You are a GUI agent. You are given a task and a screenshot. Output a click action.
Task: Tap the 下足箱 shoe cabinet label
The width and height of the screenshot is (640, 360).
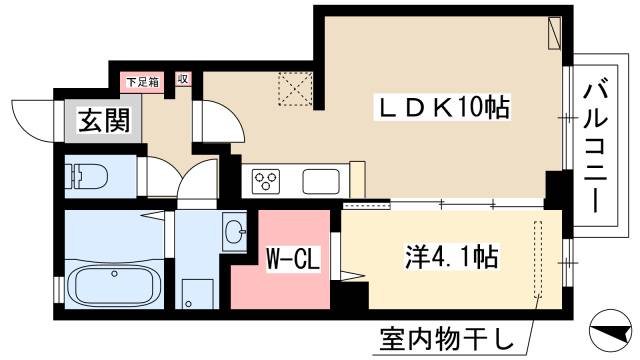139,80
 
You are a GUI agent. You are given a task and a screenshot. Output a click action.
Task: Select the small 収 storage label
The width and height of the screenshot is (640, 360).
184,80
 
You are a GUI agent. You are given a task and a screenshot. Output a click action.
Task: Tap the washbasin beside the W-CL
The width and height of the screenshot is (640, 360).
235,233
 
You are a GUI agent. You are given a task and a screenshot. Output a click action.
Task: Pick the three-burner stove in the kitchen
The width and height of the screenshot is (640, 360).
267,181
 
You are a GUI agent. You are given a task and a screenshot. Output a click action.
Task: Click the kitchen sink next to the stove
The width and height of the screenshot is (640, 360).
322,182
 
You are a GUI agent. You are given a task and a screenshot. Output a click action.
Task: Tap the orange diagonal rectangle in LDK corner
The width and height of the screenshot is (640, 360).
554,35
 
